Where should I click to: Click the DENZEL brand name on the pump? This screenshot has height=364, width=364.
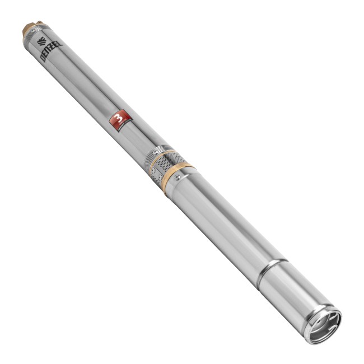tap(51, 51)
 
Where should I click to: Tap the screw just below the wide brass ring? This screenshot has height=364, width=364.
tap(178, 180)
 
